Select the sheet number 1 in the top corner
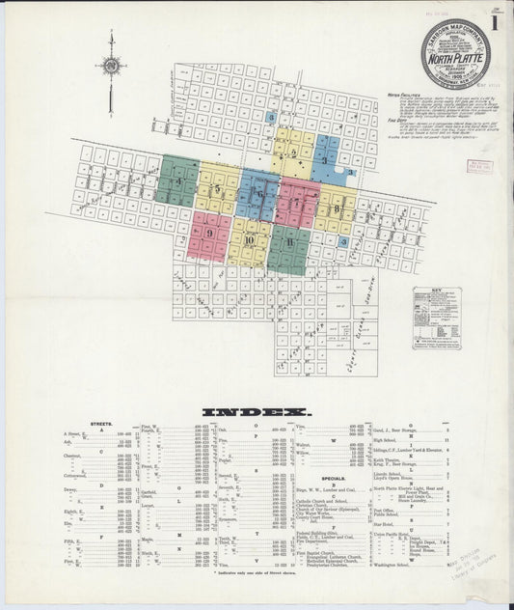coord(494,23)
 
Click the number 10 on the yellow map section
coord(249,240)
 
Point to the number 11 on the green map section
coord(289,242)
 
